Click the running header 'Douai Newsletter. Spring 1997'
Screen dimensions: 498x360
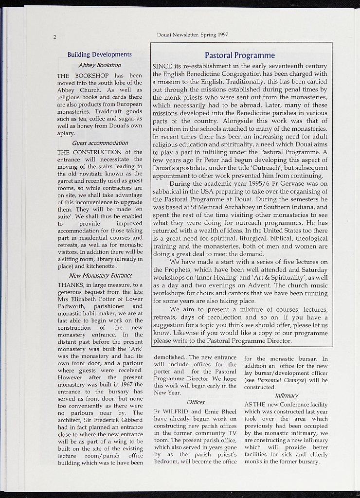pyautogui.click(x=192, y=35)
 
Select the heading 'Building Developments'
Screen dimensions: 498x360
pyautogui.click(x=99, y=54)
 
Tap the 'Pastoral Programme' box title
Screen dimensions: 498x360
pyautogui.click(x=240, y=55)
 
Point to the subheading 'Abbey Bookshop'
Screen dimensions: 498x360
pyautogui.click(x=99, y=65)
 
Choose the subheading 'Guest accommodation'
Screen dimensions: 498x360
pyautogui.click(x=99, y=143)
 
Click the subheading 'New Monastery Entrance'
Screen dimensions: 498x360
pyautogui.click(x=100, y=275)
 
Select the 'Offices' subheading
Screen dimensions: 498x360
pyautogui.click(x=196, y=402)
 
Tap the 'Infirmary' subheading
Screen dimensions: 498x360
pyautogui.click(x=286, y=395)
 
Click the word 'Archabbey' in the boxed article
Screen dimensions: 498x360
pyautogui.click(x=237, y=207)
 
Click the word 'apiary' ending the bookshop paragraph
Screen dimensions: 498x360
pyautogui.click(x=66, y=132)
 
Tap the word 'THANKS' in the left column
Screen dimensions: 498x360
pyautogui.click(x=70, y=285)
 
